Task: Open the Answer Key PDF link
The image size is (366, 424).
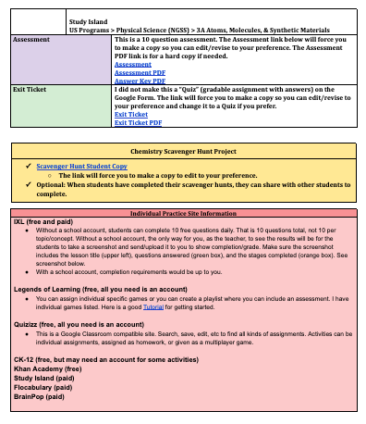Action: tap(137, 80)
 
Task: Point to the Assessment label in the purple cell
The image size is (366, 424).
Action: tap(31, 42)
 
